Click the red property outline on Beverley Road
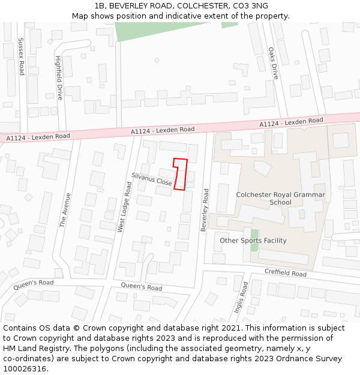coord(181,174)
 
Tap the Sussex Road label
coord(21,56)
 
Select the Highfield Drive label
coord(59,78)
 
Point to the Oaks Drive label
coord(274,64)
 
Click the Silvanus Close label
coord(152,178)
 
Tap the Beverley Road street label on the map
coord(206,209)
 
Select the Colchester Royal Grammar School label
coord(280,198)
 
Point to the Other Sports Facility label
coord(253,241)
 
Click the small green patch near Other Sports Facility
coord(254,241)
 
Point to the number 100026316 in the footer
coord(26,369)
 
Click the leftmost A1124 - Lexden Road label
coord(38,137)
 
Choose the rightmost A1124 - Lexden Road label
coord(291,122)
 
